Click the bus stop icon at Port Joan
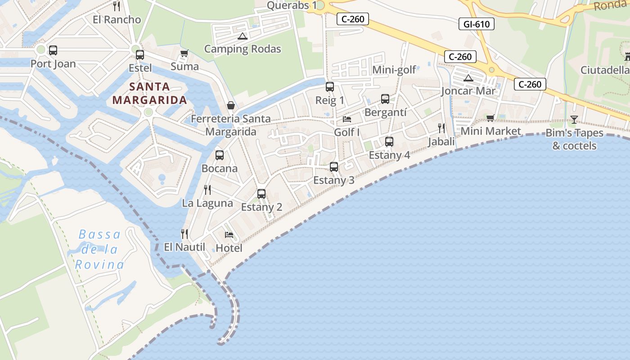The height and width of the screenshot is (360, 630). [53, 50]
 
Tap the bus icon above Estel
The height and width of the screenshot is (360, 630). [140, 55]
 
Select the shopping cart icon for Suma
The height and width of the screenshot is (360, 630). [184, 54]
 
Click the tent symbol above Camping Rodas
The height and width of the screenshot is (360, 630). [243, 36]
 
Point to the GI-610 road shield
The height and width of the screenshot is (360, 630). [477, 24]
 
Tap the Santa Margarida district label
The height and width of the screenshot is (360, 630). [149, 93]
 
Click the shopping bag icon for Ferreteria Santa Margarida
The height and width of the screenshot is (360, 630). [231, 105]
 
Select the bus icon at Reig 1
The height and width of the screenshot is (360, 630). [330, 87]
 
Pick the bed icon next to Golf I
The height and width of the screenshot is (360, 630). [347, 119]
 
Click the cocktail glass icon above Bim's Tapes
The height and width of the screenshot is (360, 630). [574, 119]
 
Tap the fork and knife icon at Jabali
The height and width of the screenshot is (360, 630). [441, 128]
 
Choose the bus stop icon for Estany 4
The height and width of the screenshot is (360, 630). [389, 142]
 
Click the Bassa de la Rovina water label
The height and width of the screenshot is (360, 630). [99, 249]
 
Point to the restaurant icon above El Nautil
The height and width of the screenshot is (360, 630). [184, 234]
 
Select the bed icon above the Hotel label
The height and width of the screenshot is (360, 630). [229, 234]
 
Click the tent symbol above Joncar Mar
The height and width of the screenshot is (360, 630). [468, 78]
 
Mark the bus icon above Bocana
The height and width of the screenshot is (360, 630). [220, 155]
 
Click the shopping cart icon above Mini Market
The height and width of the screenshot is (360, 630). [490, 118]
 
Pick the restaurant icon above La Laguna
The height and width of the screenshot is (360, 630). [207, 190]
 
